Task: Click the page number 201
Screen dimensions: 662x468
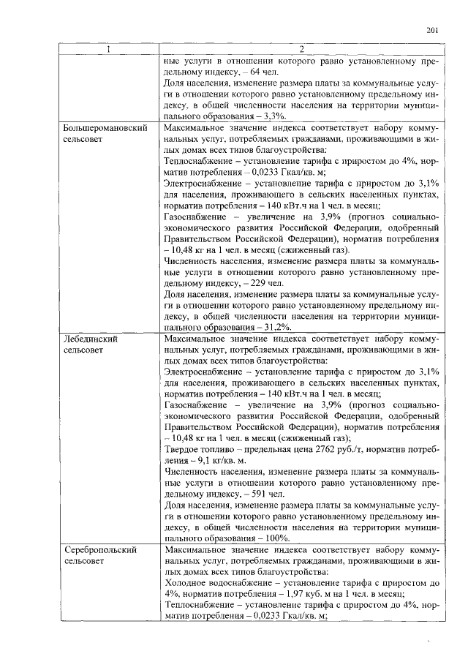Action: [x=431, y=30]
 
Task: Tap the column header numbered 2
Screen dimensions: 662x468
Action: [x=301, y=49]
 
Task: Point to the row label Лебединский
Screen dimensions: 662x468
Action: [x=91, y=340]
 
